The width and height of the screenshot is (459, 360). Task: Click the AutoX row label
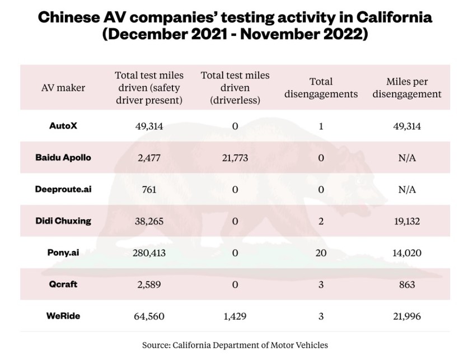[x=63, y=125]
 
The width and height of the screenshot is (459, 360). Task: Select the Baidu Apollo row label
[x=63, y=157]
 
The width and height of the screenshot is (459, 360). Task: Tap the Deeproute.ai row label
[x=63, y=189]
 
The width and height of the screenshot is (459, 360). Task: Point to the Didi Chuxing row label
[x=63, y=221]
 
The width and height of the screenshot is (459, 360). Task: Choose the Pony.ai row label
[x=63, y=253]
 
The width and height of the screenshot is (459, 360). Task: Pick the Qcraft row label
[x=63, y=284]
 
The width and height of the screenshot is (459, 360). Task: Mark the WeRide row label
[x=63, y=316]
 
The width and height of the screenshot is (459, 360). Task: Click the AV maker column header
[x=63, y=87]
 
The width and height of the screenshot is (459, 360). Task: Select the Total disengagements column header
[x=321, y=87]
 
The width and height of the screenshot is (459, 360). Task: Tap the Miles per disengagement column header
[x=407, y=87]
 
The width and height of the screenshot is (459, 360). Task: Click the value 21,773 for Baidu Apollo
[x=235, y=157]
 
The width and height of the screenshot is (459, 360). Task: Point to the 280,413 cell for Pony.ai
[x=149, y=253]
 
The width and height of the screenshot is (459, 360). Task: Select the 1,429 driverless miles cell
[x=235, y=316]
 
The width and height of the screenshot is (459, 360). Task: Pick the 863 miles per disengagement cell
[x=407, y=284]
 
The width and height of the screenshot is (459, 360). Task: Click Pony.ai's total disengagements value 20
[x=321, y=253]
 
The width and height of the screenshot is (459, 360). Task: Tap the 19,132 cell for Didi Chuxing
[x=407, y=221]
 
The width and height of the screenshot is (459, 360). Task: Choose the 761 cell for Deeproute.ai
[x=149, y=189]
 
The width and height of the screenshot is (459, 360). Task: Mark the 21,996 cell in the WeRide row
[x=407, y=316]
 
